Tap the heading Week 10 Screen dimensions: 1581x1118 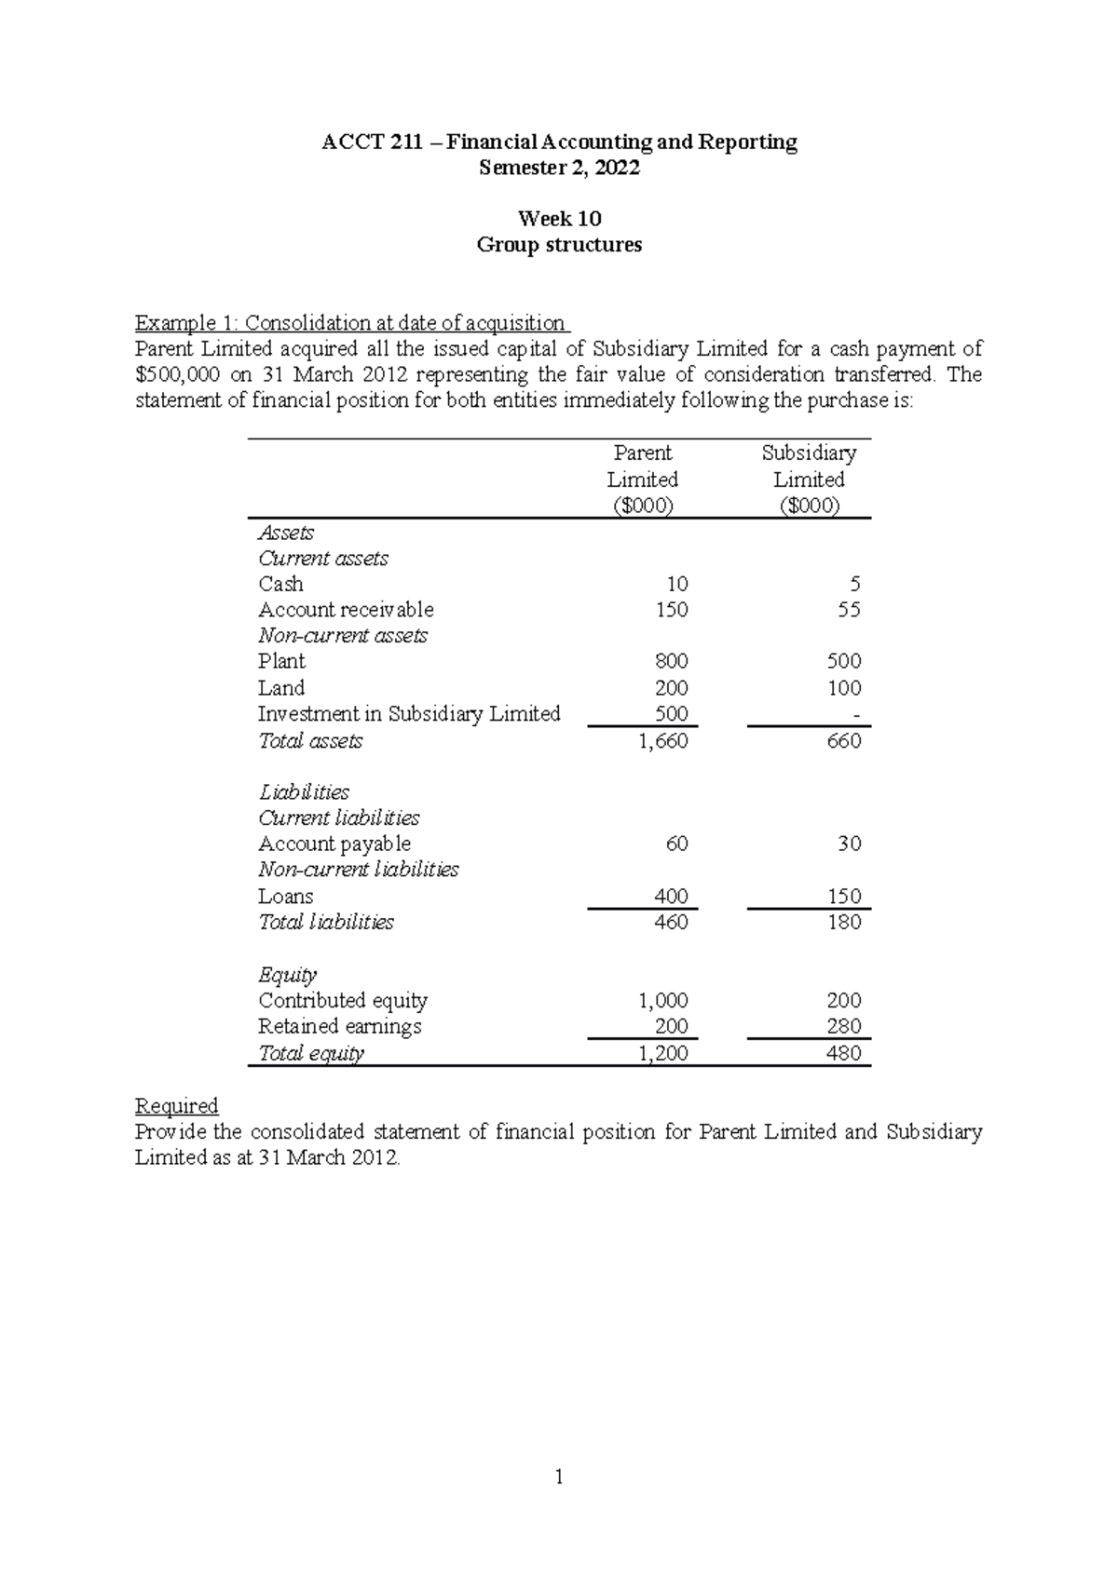click(x=559, y=219)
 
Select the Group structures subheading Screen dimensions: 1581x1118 click(x=559, y=245)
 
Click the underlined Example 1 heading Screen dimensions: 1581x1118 click(x=350, y=323)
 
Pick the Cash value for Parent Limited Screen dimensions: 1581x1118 click(x=676, y=584)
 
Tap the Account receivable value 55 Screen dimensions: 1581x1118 click(x=849, y=610)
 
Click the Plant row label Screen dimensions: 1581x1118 click(x=281, y=661)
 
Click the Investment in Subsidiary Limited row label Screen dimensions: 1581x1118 click(x=409, y=714)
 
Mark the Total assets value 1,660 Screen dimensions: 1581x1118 click(x=662, y=741)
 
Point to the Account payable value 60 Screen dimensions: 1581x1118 click(x=676, y=844)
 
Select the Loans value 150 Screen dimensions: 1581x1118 click(x=844, y=897)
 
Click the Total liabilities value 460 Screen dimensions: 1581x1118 click(x=671, y=922)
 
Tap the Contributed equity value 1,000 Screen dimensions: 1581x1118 click(x=662, y=1001)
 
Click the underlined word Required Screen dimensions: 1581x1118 click(x=176, y=1106)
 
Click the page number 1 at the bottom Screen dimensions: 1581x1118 click(x=559, y=1477)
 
